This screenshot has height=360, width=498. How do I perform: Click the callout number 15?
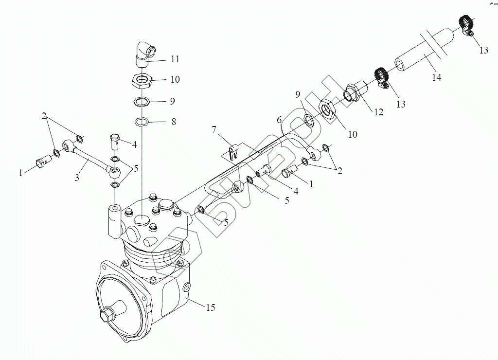pos(210,307)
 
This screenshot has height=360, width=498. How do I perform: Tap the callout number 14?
pos(437,77)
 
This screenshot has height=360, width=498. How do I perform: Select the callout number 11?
pos(175,59)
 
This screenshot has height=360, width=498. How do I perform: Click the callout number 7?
pos(213,129)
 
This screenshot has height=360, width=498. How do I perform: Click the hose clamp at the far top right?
pos(467,25)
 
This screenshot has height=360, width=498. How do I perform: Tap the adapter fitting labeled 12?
pos(356,92)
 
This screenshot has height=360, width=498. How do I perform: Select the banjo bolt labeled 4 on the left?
pos(115,140)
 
